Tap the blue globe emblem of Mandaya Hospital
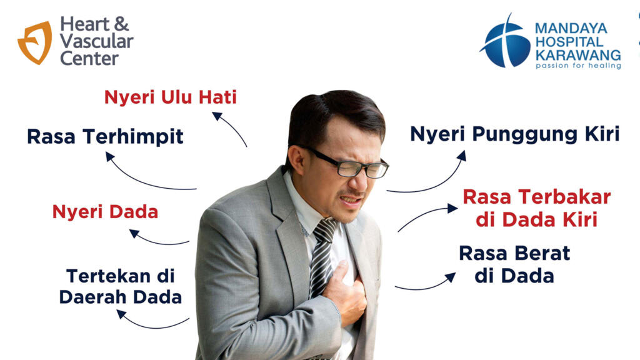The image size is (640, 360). (x=505, y=42)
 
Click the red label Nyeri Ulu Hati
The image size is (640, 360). (x=170, y=97)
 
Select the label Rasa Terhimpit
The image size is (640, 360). (x=105, y=137)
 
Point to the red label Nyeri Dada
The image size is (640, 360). (x=105, y=212)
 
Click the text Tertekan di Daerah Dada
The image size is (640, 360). (x=121, y=286)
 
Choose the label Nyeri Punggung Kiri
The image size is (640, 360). (x=515, y=134)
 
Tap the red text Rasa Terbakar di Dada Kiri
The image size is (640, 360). (x=537, y=208)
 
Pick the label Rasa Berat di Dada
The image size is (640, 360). (x=514, y=264)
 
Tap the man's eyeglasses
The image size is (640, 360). (x=347, y=163)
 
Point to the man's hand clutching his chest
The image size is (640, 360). (x=345, y=292)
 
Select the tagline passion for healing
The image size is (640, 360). (x=578, y=65)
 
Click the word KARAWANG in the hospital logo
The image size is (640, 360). (x=578, y=55)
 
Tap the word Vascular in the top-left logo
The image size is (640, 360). (x=97, y=41)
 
